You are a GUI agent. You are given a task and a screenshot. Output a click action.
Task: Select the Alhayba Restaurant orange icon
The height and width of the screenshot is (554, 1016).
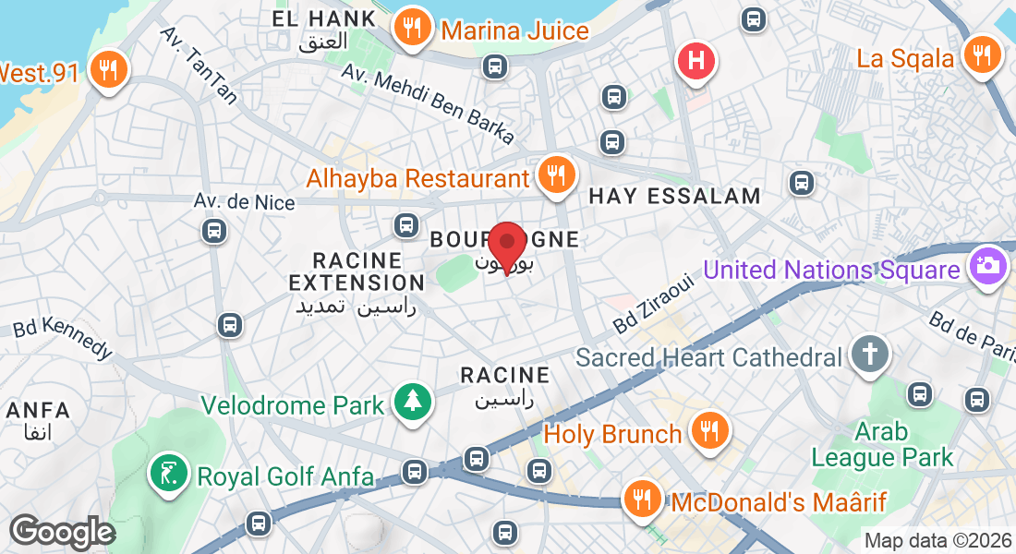[x=555, y=174]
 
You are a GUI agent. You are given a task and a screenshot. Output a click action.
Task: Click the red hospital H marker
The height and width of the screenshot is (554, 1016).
[x=697, y=61]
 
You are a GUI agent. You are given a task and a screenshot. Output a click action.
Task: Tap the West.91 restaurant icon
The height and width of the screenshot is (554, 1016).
[x=109, y=70]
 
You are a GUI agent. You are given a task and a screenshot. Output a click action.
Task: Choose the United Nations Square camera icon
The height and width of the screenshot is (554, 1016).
[x=987, y=267]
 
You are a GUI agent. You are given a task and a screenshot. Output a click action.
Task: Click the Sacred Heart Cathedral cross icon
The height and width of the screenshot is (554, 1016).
[x=870, y=355]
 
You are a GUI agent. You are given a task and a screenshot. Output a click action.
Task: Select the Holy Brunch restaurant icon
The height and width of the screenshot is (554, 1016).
[x=708, y=431]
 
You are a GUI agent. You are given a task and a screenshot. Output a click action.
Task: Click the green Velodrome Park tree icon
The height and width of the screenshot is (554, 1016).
[x=412, y=403]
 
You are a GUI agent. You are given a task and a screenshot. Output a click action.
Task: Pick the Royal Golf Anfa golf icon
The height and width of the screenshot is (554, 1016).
[x=168, y=474]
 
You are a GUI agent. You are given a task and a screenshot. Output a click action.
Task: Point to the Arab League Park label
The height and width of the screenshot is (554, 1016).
[x=882, y=444]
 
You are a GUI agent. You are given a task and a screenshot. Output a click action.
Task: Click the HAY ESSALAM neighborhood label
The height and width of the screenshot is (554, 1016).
[x=674, y=196]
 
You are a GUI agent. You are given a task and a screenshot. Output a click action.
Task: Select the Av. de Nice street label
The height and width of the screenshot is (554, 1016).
[x=245, y=201]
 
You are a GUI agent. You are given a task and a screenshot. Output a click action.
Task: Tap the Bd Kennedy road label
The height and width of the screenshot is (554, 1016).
[x=63, y=339]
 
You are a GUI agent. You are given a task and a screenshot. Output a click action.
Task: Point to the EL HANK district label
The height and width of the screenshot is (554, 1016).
[x=324, y=18]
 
